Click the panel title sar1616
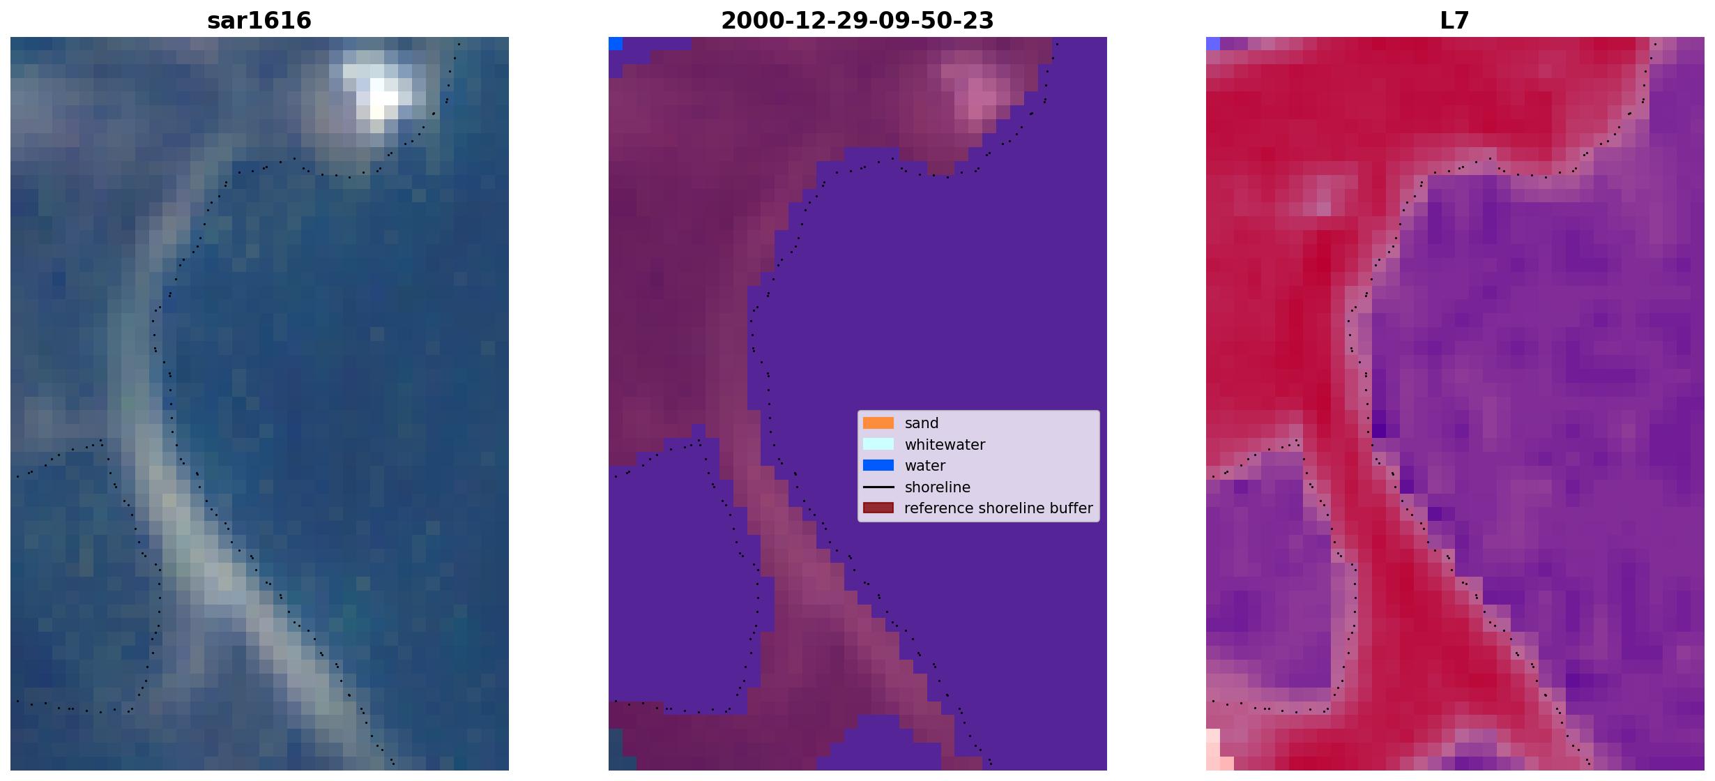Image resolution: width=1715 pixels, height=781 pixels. coord(259,20)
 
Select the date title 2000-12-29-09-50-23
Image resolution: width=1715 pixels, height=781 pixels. coord(857,20)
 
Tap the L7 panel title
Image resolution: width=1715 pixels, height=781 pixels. coord(1455,20)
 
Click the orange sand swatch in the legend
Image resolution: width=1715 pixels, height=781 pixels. coord(878,423)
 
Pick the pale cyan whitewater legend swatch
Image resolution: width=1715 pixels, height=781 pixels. coord(878,444)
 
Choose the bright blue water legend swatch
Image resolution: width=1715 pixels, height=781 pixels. coord(878,465)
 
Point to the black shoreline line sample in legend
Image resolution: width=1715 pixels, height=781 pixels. coord(878,487)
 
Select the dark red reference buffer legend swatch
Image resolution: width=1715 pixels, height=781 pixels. coord(878,508)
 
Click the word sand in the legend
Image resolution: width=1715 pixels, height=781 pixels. coord(922,423)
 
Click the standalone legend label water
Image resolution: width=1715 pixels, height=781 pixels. coord(925,466)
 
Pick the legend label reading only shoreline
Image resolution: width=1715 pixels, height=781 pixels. coord(937,487)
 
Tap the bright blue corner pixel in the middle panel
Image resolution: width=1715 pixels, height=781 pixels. coord(616,43)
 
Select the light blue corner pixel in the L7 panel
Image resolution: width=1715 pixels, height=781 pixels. coord(1213,43)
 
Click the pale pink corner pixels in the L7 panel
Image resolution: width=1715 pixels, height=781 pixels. coord(1217,750)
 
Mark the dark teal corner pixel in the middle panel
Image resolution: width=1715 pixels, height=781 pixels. coord(616,750)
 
